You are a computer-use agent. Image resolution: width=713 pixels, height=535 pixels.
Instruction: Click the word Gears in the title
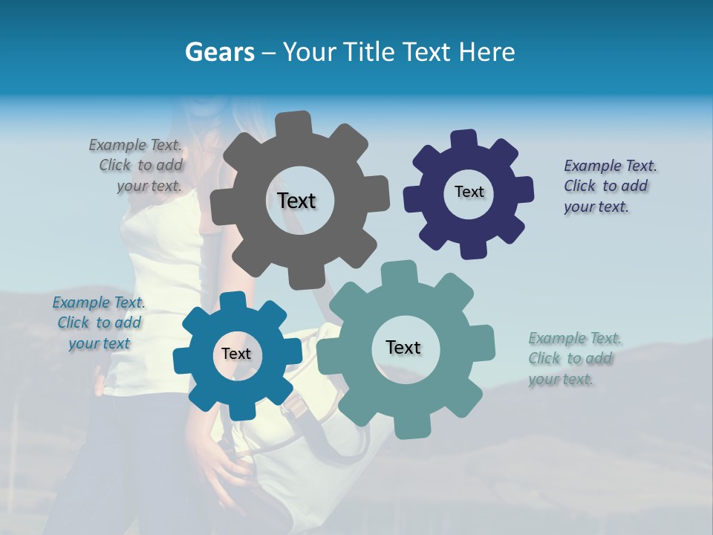[x=218, y=52]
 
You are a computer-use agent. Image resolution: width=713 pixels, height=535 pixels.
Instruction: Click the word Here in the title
[x=487, y=52]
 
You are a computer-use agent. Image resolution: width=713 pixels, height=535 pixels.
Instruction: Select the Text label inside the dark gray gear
[x=296, y=201]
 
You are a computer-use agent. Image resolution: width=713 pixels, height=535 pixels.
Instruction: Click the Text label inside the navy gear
[x=469, y=192]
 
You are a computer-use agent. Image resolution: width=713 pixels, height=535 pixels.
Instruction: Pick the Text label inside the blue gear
[x=235, y=354]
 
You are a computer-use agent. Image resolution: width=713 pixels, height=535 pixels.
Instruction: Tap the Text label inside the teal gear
[x=403, y=347]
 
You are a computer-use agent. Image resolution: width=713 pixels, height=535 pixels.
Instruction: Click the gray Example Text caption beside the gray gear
[x=136, y=165]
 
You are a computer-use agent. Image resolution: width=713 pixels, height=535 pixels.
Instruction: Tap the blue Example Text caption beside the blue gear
[x=99, y=322]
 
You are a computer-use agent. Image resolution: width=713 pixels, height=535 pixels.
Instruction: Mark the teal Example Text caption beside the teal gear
[x=573, y=358]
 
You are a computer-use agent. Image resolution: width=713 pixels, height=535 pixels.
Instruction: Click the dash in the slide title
[x=269, y=52]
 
